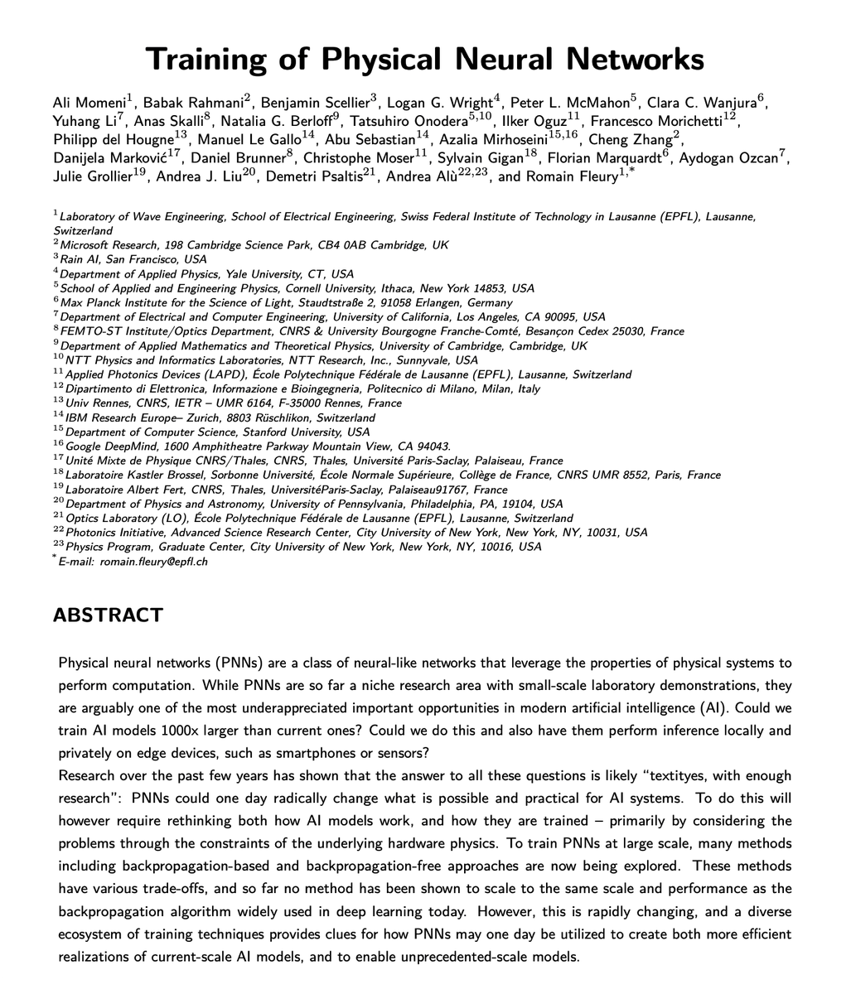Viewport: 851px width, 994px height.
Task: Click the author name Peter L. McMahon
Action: (569, 104)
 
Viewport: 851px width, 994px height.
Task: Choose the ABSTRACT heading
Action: (108, 615)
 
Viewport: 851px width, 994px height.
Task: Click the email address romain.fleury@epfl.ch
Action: (154, 562)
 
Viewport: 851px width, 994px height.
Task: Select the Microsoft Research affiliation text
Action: (109, 245)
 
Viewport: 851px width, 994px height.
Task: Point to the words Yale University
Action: (249, 274)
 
